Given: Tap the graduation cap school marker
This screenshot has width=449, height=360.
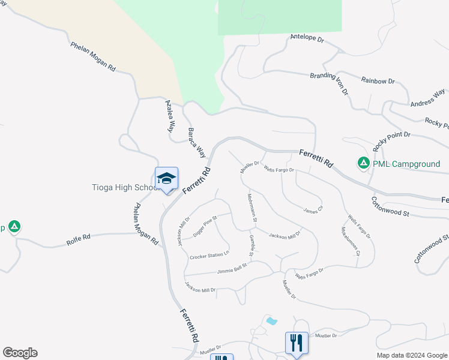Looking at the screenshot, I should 166,179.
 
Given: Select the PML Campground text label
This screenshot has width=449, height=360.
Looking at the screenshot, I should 406,163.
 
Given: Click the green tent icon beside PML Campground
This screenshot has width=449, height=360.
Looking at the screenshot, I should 363,163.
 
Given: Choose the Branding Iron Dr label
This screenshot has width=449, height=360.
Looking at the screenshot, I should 330,83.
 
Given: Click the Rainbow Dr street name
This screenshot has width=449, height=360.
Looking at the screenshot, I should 378,80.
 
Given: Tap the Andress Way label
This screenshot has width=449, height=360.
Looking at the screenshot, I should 427,98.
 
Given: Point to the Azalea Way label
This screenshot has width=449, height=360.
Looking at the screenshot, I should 170,115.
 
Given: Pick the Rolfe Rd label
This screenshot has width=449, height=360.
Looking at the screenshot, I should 78,241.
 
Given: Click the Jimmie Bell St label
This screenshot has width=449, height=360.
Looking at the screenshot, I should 234,268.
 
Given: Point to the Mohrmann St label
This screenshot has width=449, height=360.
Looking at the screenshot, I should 252,208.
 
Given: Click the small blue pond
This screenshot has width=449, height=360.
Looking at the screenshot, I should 271,321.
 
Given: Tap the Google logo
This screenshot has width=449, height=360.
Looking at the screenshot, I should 20,353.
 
